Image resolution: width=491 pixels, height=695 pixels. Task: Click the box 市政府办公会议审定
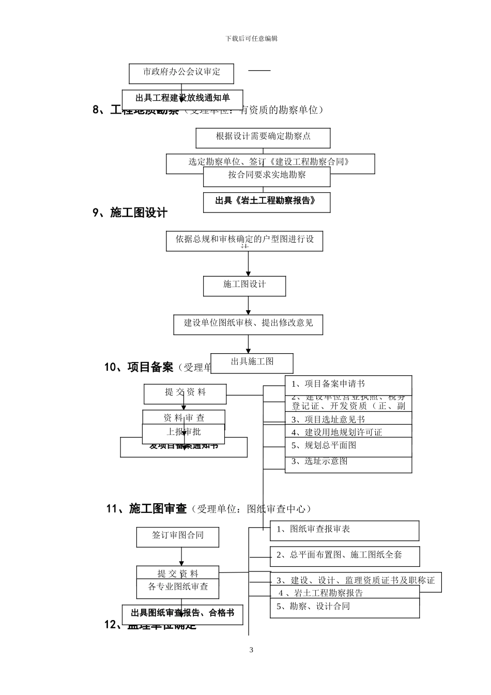click(181, 73)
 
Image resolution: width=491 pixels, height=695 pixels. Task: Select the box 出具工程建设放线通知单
click(182, 98)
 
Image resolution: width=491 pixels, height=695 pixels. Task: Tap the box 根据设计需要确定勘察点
click(263, 137)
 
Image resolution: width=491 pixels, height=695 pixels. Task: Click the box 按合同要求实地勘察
click(267, 176)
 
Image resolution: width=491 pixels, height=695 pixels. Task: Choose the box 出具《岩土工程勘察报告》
click(266, 201)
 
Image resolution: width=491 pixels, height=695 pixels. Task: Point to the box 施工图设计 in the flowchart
click(244, 285)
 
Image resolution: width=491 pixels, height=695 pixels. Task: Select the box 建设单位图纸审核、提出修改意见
click(248, 324)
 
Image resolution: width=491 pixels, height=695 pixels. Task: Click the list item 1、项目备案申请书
click(328, 384)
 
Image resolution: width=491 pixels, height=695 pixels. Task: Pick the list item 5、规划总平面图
click(324, 445)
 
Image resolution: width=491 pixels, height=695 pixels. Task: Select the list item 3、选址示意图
click(319, 461)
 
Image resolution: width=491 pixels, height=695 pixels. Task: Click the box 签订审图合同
click(177, 536)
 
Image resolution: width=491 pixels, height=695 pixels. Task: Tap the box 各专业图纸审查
click(178, 587)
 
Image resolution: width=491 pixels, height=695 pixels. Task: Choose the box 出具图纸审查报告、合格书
click(182, 613)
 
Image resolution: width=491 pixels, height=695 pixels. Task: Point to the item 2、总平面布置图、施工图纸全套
click(339, 555)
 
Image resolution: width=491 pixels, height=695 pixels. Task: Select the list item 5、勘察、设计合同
click(313, 607)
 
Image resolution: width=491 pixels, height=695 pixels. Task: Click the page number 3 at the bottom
click(251, 650)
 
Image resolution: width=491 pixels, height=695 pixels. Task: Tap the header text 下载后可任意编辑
click(252, 39)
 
